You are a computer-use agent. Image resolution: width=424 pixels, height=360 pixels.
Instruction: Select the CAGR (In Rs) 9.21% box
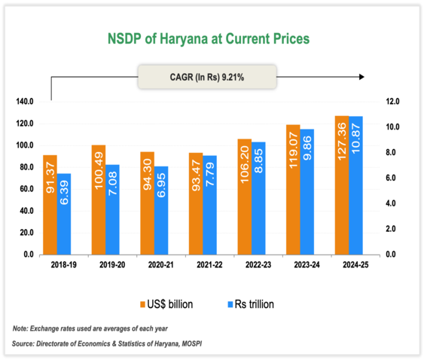coord(207,76)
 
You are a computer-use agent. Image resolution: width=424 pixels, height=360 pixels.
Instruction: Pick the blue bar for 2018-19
coord(65,214)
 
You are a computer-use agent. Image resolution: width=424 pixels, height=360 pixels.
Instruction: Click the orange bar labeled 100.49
coord(98,200)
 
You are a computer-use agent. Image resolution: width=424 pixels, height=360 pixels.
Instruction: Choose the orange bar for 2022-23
coord(243,197)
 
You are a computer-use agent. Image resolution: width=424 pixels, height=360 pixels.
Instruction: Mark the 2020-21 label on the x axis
coord(154,265)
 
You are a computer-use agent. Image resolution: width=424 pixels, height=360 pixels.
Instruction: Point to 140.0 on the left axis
coord(25,101)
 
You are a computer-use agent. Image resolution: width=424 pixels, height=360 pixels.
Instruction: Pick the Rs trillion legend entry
coord(252,304)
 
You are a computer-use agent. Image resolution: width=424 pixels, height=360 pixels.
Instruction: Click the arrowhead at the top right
coord(362,76)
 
